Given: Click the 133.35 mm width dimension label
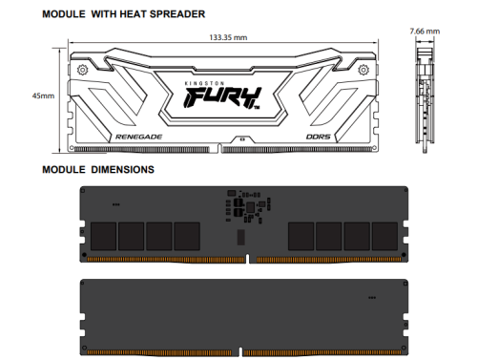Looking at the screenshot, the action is point(228,37).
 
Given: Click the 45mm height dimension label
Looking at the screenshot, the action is point(43,95).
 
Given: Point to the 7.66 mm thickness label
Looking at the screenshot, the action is point(425,32).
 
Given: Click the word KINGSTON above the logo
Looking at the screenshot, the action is point(204,83).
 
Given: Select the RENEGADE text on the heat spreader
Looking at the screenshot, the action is point(138,137).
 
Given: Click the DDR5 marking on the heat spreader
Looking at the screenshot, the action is point(318,137).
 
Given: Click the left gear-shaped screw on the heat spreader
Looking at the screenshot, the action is point(82,70).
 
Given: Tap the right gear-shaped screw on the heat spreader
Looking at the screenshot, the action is point(363,70).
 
